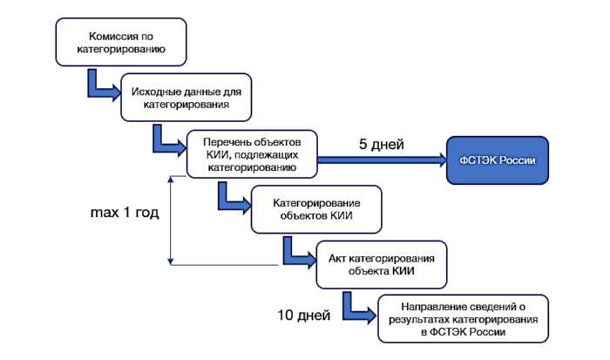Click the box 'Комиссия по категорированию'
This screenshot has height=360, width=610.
(122, 44)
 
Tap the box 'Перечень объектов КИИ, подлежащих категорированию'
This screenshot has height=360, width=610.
(252, 155)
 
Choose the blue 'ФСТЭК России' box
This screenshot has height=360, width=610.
(498, 160)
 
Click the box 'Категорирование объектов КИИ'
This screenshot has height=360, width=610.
(316, 209)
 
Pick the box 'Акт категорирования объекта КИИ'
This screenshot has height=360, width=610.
(381, 264)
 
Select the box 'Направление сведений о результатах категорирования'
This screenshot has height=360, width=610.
(463, 320)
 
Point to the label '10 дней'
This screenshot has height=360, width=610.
(302, 313)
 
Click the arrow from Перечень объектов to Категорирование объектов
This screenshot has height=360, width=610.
(229, 197)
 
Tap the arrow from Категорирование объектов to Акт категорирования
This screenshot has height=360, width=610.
(292, 252)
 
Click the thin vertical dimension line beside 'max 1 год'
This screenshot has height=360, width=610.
(172, 218)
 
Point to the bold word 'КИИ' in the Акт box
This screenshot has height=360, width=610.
(403, 271)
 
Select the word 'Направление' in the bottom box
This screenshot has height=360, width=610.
(433, 307)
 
